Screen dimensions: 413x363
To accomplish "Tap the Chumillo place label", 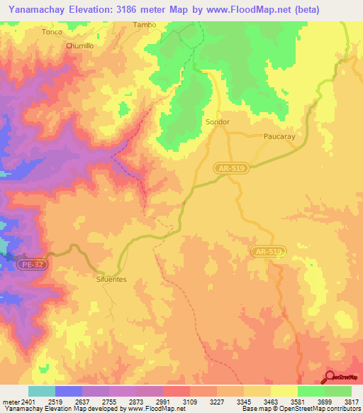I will (x=79, y=45).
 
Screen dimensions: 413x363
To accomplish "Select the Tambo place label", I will (x=144, y=24).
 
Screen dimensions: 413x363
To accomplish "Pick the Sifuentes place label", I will (x=111, y=280).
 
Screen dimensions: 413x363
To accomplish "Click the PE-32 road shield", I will (x=32, y=263).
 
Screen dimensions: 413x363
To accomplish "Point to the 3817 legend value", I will (x=352, y=401).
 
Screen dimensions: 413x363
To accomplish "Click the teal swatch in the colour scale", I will (x=42, y=391).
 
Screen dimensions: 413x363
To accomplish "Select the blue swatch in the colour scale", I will (x=69, y=391).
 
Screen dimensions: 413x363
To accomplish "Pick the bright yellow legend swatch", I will (x=284, y=391).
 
